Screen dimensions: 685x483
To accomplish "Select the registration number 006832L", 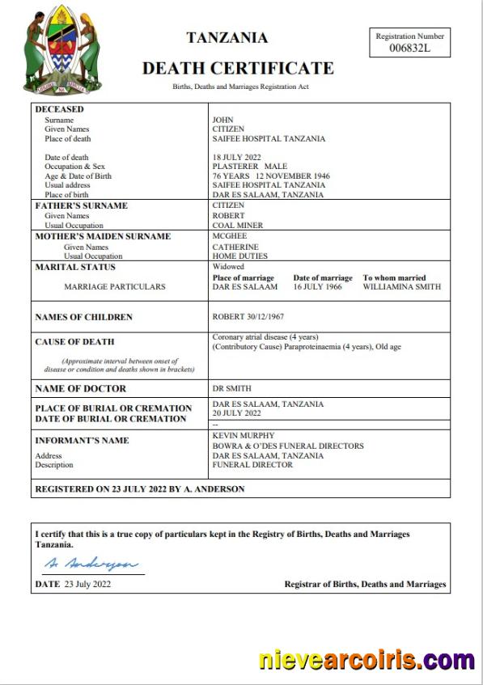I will [x=410, y=49].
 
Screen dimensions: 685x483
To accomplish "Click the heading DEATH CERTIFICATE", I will [x=238, y=69].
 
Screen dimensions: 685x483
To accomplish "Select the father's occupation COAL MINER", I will [x=238, y=225].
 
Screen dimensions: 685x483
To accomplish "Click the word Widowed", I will [x=228, y=267].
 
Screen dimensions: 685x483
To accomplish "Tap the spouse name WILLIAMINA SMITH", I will [x=402, y=286].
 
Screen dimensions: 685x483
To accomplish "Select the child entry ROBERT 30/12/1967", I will [x=248, y=317].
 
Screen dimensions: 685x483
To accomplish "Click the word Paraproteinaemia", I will [x=320, y=346].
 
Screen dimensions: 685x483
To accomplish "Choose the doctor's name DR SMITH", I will [x=230, y=389].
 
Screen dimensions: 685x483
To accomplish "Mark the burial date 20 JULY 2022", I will [x=236, y=413].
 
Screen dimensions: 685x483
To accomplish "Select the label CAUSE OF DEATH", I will [x=74, y=341].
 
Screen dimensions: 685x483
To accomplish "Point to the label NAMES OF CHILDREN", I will [x=83, y=317].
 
